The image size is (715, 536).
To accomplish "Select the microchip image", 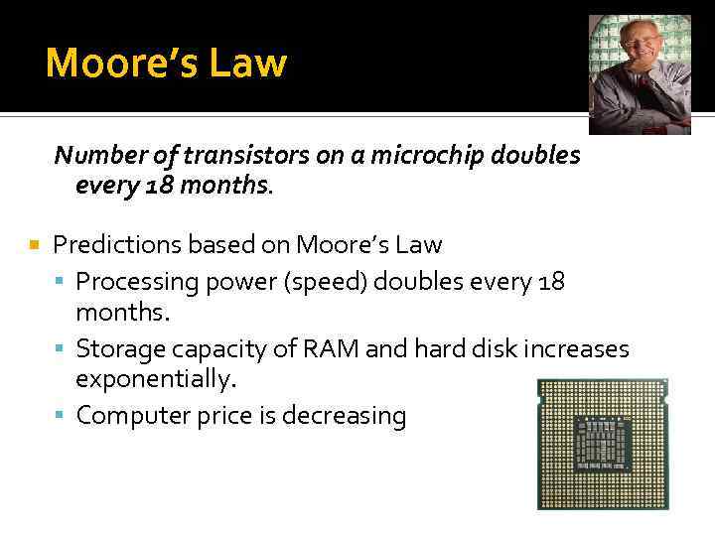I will point(602,444).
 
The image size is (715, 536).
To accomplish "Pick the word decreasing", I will point(345,416).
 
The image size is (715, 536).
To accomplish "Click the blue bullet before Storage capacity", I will point(62,349).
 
